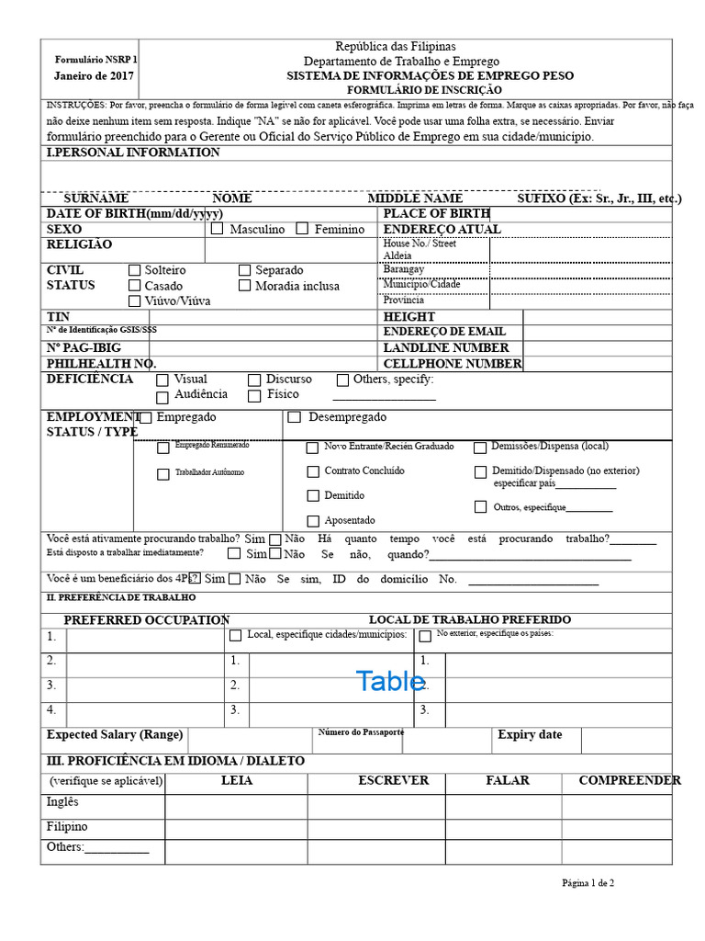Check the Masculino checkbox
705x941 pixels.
(217, 229)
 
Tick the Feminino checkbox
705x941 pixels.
(302, 229)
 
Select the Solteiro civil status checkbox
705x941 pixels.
(135, 270)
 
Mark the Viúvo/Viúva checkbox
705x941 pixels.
(135, 300)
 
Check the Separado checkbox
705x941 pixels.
(245, 270)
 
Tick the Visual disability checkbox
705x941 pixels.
(162, 380)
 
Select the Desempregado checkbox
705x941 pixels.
(295, 417)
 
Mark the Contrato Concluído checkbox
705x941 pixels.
(313, 471)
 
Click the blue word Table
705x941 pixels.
(390, 682)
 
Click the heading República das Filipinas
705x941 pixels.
(395, 47)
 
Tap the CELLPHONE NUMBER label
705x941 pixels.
(453, 364)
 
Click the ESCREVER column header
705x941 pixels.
(393, 780)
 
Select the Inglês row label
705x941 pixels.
(63, 802)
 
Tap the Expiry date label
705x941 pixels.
(530, 735)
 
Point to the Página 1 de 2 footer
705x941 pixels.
(588, 883)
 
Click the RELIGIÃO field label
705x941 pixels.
(80, 244)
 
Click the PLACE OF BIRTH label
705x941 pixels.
(436, 213)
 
